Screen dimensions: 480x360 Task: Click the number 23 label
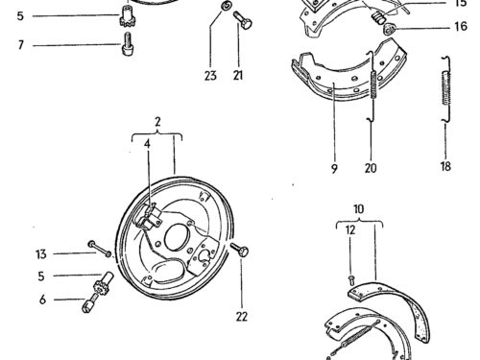click(210, 76)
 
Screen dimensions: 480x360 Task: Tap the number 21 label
click(238, 75)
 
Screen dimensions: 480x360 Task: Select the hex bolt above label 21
click(243, 20)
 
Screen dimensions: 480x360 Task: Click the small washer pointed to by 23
click(227, 6)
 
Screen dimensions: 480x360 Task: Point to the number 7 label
click(21, 45)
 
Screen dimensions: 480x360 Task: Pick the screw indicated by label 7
click(128, 44)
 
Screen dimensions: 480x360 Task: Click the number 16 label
click(461, 26)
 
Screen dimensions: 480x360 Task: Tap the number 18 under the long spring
click(445, 166)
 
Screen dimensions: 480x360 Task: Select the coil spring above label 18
click(446, 88)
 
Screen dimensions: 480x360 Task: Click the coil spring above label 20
click(373, 85)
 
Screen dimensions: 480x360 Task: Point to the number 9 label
click(334, 168)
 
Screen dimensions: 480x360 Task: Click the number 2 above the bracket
click(157, 122)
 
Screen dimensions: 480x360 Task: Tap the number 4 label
click(147, 144)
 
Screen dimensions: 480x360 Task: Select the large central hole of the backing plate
click(177, 236)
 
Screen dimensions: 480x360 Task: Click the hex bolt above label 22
click(240, 250)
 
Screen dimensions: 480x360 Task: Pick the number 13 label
click(41, 254)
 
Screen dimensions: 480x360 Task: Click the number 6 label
click(42, 300)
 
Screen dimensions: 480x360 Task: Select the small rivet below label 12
click(351, 280)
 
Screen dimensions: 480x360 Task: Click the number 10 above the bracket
click(359, 209)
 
